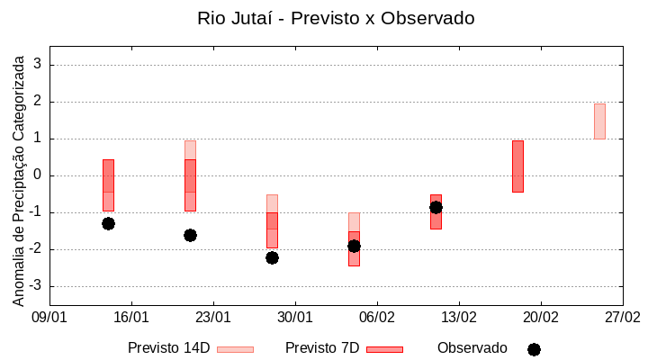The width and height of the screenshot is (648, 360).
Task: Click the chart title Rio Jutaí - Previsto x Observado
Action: click(336, 18)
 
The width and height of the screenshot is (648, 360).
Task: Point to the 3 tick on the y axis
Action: click(38, 65)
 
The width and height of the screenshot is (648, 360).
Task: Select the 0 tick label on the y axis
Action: click(38, 175)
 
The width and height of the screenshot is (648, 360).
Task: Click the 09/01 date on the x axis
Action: click(49, 317)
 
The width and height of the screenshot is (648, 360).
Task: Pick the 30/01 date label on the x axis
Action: click(295, 317)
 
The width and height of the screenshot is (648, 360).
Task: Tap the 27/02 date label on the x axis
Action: click(622, 317)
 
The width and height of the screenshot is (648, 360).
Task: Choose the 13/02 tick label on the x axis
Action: click(459, 317)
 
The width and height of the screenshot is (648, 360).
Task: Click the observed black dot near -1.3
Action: click(108, 223)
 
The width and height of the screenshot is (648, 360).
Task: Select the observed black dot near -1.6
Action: click(190, 235)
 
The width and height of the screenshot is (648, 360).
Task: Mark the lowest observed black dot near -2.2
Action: click(272, 257)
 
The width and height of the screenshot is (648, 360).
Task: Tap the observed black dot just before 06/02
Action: click(354, 246)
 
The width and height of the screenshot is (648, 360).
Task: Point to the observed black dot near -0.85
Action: click(436, 207)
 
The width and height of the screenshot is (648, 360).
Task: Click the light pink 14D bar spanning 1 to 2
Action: click(599, 121)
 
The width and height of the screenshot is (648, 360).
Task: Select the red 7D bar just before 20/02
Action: click(517, 166)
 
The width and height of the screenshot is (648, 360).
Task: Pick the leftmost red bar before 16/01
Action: click(108, 184)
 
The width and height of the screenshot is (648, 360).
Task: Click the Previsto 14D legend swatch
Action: click(235, 349)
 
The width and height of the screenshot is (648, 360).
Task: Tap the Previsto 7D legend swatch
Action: click(384, 349)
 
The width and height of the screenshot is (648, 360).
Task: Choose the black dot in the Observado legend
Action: click(534, 349)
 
